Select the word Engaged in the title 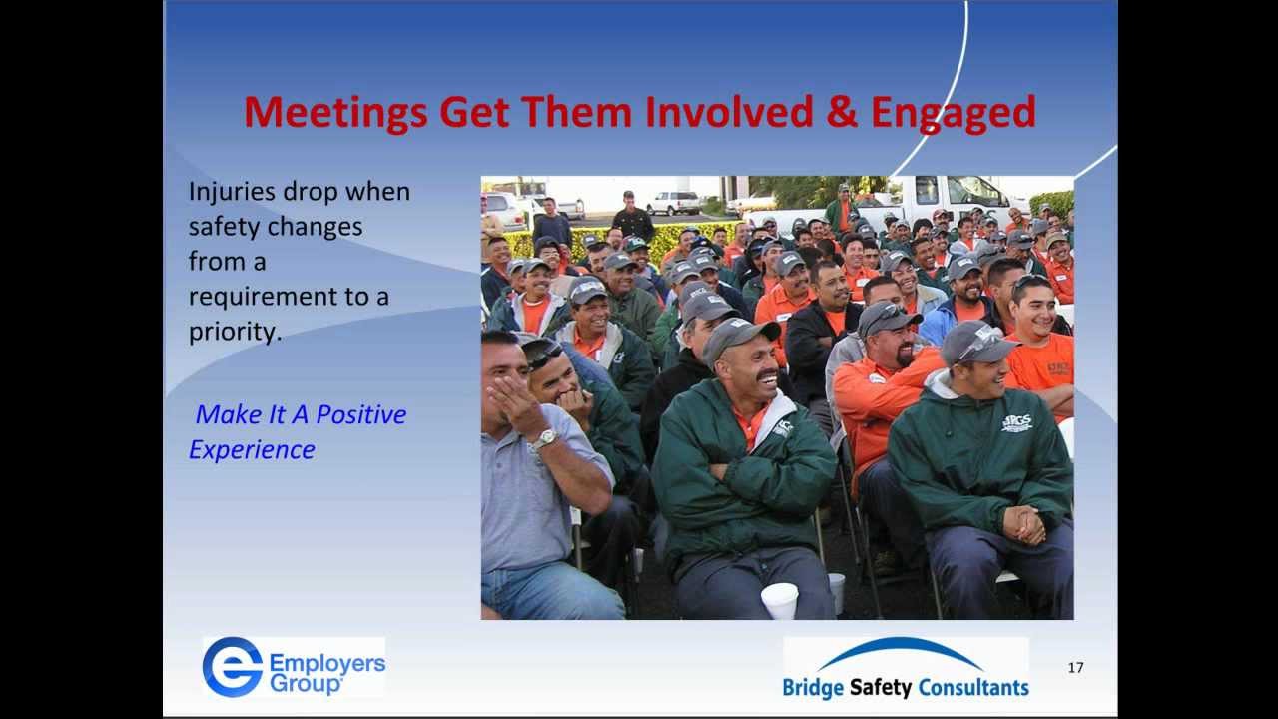click(x=953, y=114)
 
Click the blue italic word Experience click(x=252, y=449)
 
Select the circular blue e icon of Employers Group click(x=232, y=667)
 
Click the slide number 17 click(x=1075, y=668)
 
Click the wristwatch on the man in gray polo click(x=542, y=439)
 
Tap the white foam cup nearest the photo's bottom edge click(x=780, y=600)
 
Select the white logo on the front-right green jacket click(x=1016, y=422)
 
